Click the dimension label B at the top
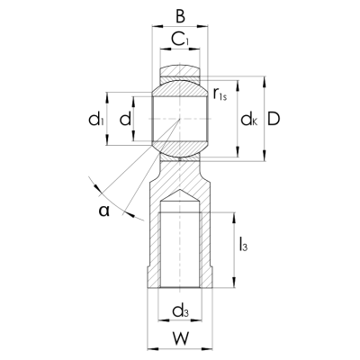point(179,15)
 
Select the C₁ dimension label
point(179,40)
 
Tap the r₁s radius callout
point(221,94)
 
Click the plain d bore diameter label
point(124,119)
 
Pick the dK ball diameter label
point(248,119)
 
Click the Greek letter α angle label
point(104,211)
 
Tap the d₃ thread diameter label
point(179,311)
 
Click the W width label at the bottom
point(179,341)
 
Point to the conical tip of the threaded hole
point(179,193)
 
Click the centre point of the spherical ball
point(179,119)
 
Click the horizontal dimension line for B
point(179,27)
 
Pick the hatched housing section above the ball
point(179,69)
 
